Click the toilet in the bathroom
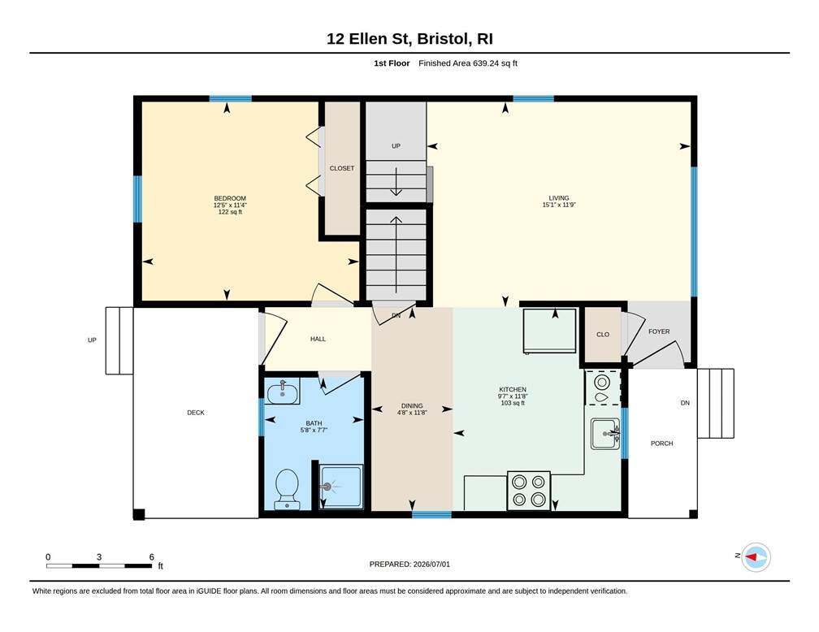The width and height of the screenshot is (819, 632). click(287, 489)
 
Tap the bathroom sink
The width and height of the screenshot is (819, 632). click(283, 392)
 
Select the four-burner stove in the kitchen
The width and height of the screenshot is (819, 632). click(529, 491)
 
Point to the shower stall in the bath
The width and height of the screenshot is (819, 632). click(341, 487)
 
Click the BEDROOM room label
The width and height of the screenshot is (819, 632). click(230, 198)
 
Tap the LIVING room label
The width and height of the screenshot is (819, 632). click(559, 198)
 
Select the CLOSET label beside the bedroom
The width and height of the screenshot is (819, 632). click(342, 168)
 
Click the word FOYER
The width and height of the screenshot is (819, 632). click(659, 331)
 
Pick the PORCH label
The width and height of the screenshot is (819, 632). click(661, 444)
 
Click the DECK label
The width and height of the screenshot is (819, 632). click(196, 413)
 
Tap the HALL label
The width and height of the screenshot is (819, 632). click(318, 339)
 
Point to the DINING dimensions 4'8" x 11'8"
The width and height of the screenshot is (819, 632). click(412, 413)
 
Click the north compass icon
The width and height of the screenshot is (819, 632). click(756, 556)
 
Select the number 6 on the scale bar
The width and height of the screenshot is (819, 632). click(151, 556)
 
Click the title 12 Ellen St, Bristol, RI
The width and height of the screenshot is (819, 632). click(409, 39)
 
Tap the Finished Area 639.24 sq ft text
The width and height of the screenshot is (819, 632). click(468, 63)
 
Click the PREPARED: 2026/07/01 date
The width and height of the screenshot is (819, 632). click(409, 564)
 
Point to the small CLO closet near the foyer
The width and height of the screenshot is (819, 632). click(603, 335)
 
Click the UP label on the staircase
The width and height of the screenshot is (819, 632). click(396, 146)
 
